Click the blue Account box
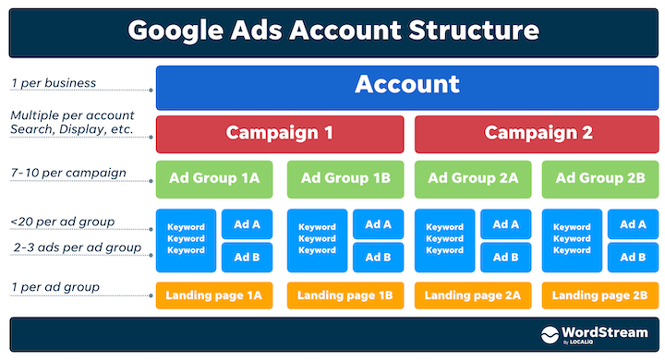click(x=407, y=86)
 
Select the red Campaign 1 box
click(x=280, y=133)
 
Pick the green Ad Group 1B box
click(x=344, y=178)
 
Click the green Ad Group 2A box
click(x=471, y=178)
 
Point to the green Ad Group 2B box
click(x=598, y=178)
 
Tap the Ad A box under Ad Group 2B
click(x=633, y=224)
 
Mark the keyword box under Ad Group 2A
click(x=445, y=239)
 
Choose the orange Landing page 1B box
click(x=344, y=295)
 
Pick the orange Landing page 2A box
click(x=471, y=295)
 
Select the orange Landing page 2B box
click(x=598, y=295)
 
